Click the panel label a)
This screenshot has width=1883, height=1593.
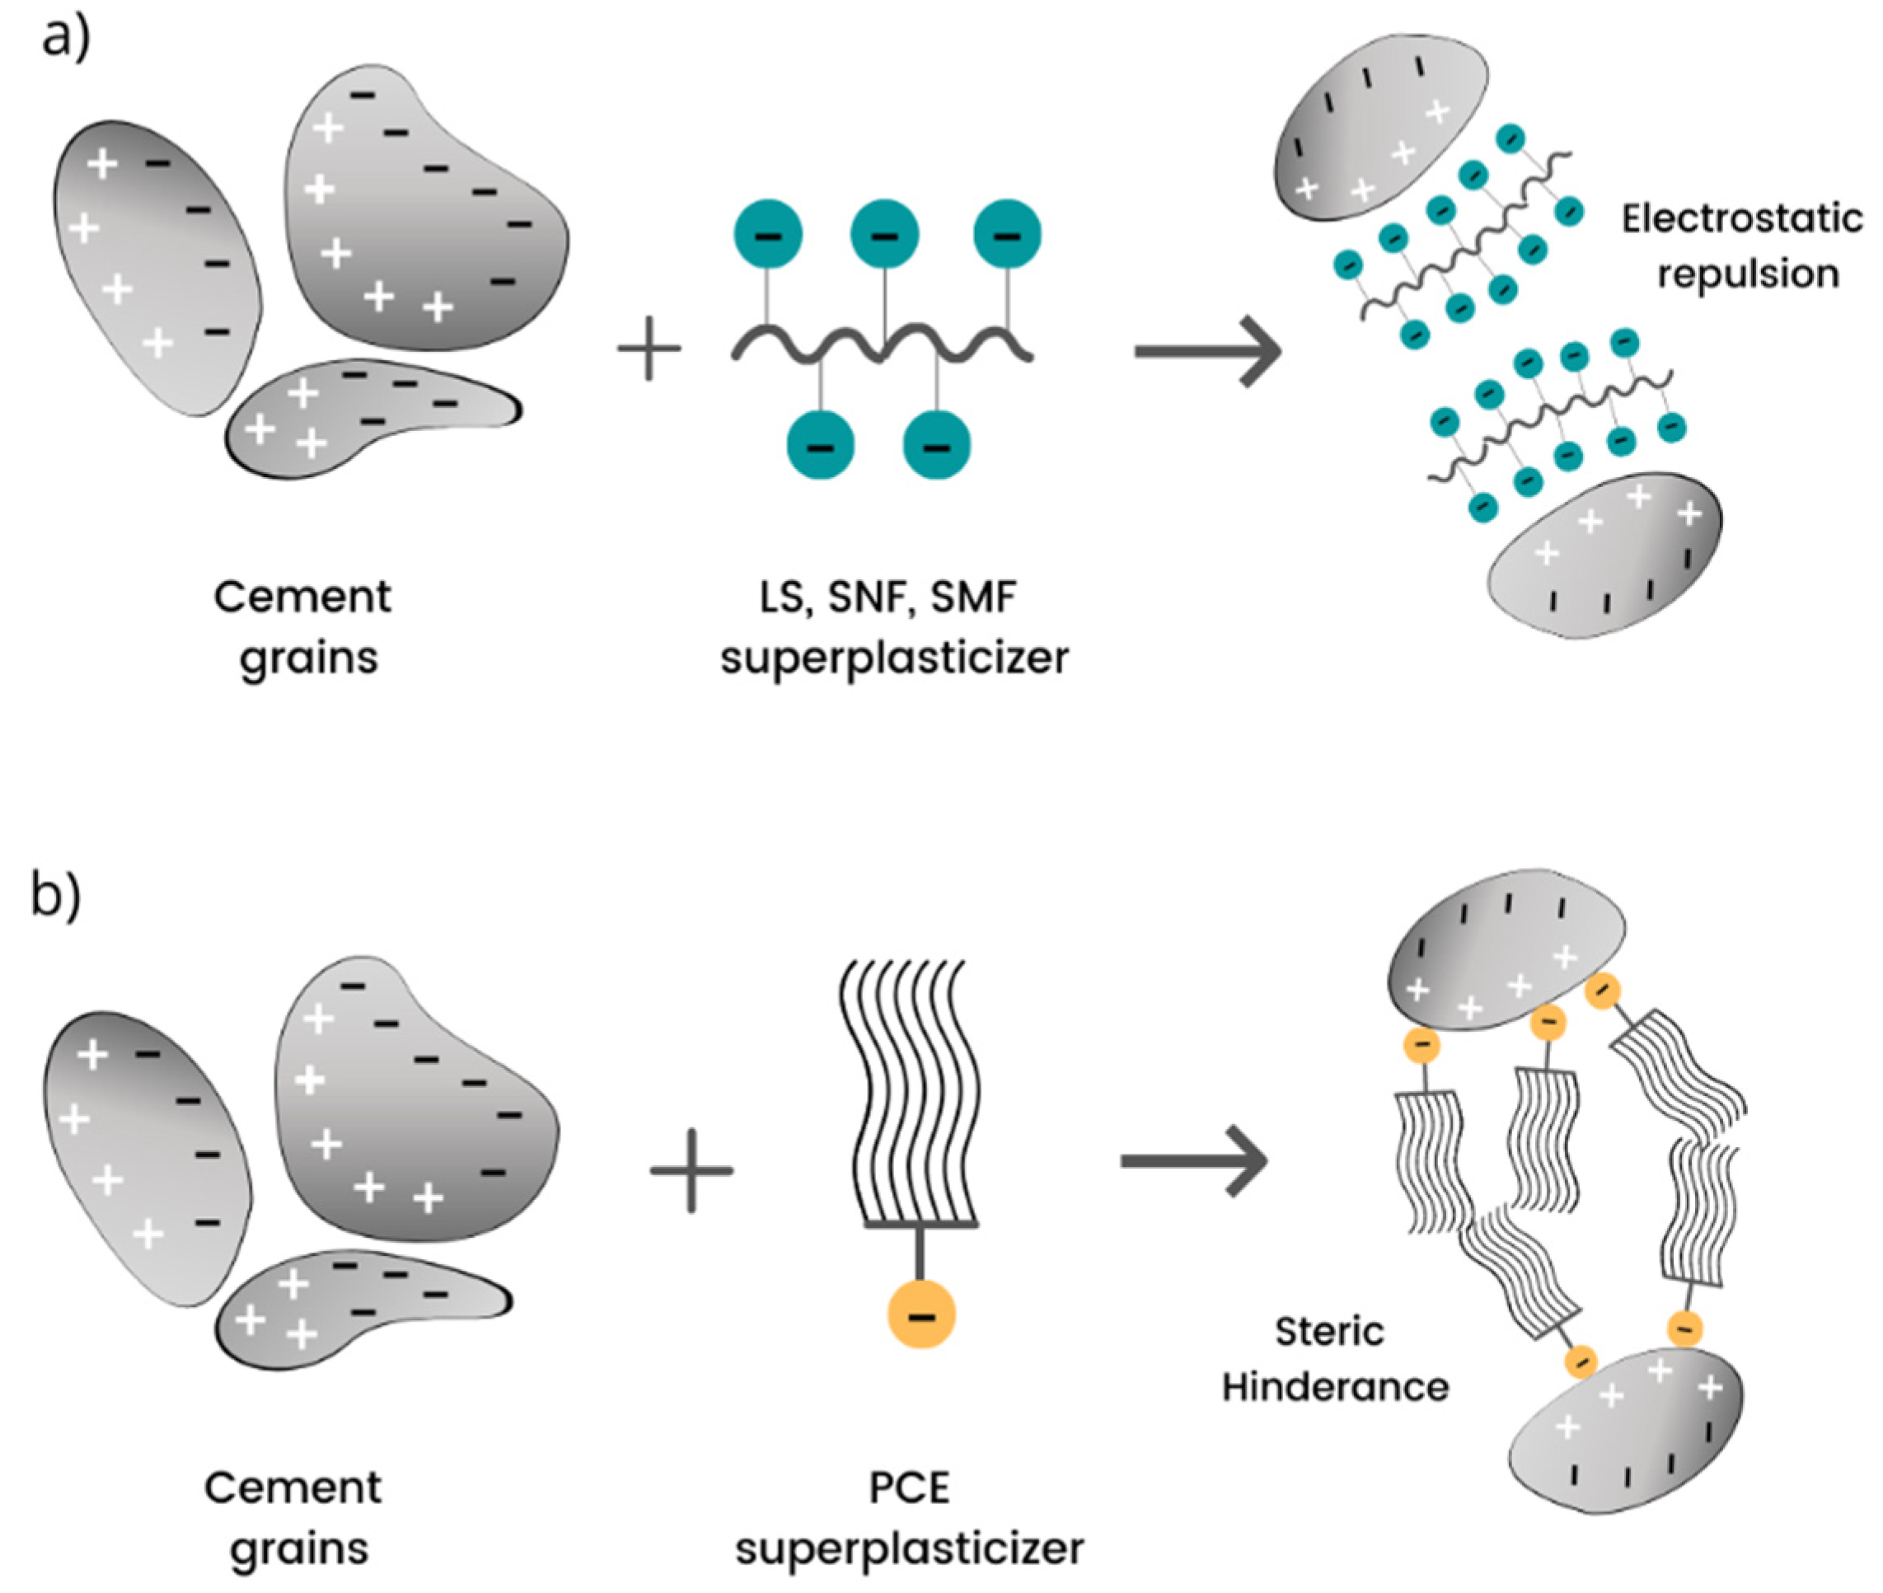(x=65, y=40)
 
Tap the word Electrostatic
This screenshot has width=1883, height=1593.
(x=1742, y=218)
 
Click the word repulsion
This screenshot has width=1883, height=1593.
(x=1748, y=274)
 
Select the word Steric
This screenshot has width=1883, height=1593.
(x=1329, y=1331)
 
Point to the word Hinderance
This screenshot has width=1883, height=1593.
(x=1335, y=1387)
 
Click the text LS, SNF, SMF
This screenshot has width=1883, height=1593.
(x=888, y=597)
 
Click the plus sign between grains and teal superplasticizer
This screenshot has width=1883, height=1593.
(x=649, y=348)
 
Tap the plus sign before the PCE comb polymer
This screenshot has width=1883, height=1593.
(x=691, y=1170)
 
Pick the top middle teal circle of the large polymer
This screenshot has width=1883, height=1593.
(x=884, y=235)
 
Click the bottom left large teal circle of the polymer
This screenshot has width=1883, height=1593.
(x=820, y=445)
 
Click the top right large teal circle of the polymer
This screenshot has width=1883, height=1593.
(x=1007, y=235)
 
